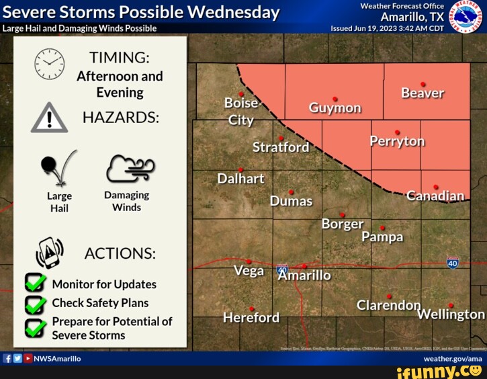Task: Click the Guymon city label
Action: click(335, 108)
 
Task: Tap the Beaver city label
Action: click(423, 93)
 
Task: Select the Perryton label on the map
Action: click(397, 141)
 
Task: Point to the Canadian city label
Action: click(436, 196)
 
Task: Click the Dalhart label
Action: click(240, 179)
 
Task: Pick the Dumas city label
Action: click(291, 201)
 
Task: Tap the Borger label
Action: click(342, 224)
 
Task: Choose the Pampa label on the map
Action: click(382, 237)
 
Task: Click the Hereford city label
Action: click(251, 317)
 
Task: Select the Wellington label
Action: click(451, 314)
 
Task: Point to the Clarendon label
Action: click(388, 305)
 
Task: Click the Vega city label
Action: click(249, 271)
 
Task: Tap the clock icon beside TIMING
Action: click(50, 64)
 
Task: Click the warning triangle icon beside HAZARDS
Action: click(49, 119)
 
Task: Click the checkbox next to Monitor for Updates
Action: click(35, 284)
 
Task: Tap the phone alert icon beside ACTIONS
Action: click(50, 252)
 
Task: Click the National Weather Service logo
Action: click(461, 16)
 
